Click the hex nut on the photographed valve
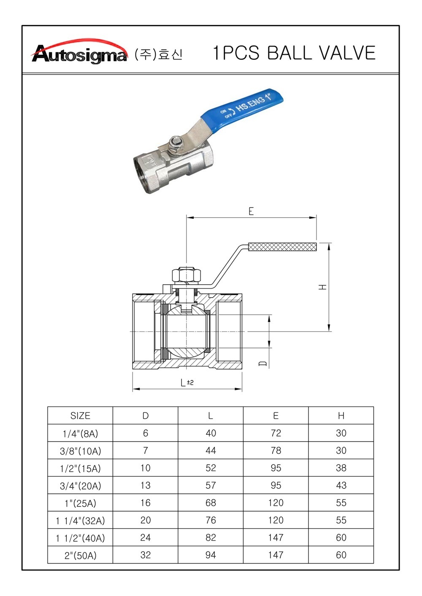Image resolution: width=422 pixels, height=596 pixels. pos(176,142)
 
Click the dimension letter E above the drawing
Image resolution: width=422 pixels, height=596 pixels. pos(251,211)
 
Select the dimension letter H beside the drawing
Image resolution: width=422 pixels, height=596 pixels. pos(322,287)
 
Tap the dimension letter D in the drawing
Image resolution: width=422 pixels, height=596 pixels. pos(262,363)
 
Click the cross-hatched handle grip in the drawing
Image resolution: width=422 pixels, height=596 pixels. pos(282,247)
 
